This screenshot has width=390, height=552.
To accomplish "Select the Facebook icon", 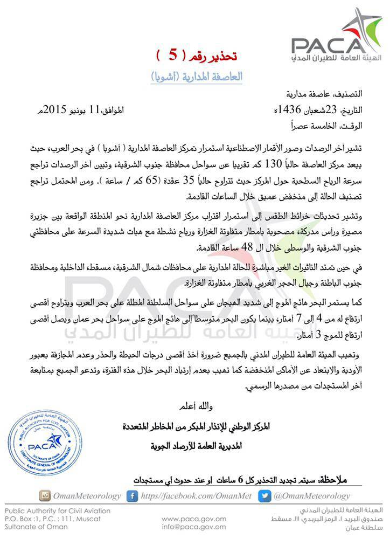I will point(132,495).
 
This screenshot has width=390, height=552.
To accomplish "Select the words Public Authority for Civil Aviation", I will point(58,510).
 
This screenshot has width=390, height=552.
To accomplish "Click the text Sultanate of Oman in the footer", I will point(36,527).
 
